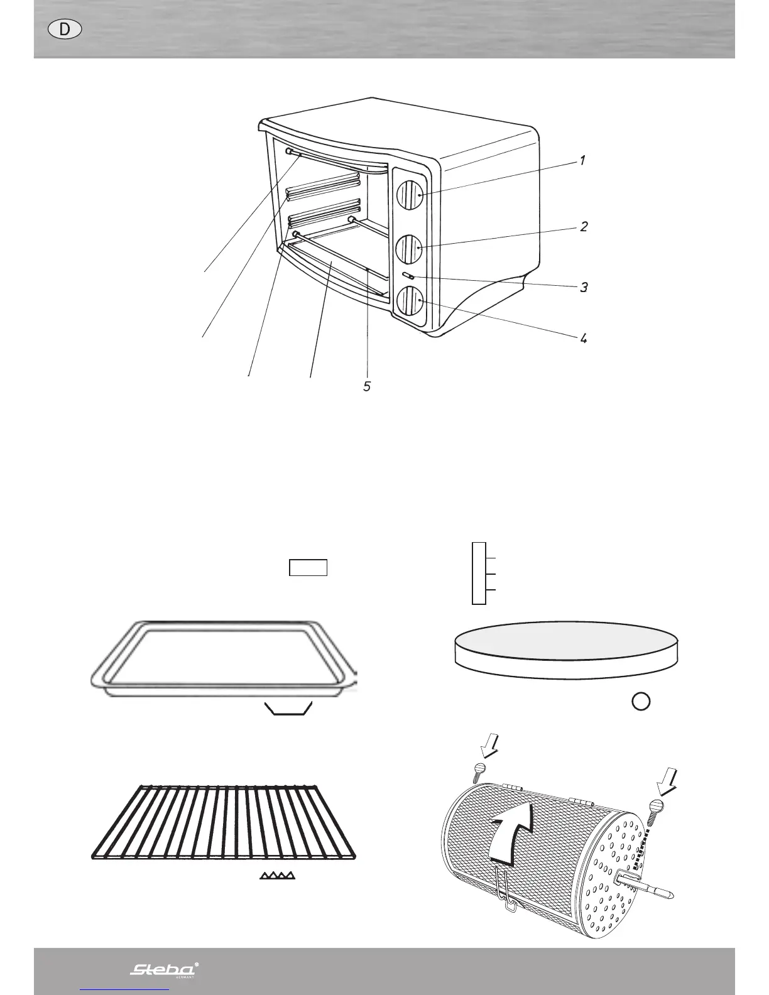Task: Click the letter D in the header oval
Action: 65,30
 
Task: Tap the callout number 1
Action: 582,161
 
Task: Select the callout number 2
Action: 584,227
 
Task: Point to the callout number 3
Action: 584,288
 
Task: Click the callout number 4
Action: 584,339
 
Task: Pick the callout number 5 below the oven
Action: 367,386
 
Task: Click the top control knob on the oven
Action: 409,195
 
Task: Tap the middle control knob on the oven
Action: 409,249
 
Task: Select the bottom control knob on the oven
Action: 409,301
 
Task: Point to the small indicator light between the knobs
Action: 408,276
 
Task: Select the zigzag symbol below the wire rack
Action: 278,875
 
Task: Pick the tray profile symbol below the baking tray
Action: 288,709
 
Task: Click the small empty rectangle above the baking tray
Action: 308,567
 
